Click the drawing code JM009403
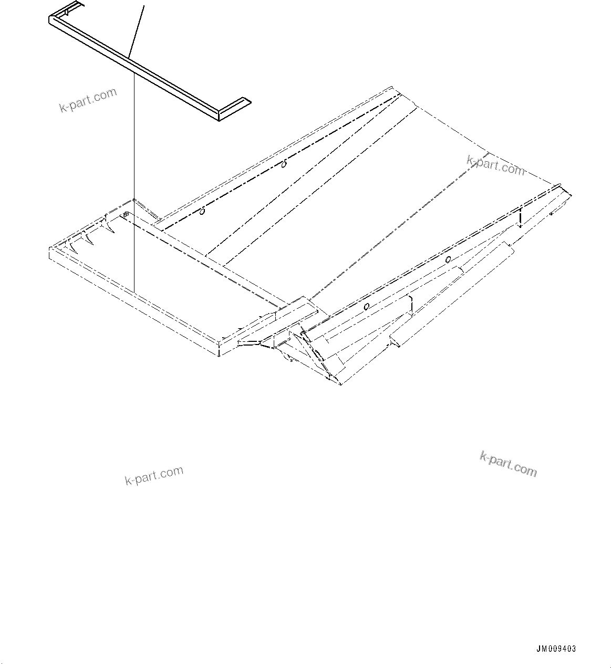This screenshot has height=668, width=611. coord(556,649)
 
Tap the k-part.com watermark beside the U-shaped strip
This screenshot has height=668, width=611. coord(88,100)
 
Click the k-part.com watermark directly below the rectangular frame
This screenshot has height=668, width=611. coord(154,475)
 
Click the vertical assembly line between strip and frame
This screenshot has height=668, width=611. coord(134,184)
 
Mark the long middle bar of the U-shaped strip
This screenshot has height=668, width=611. coord(137,65)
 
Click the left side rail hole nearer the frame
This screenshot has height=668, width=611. coord(202,212)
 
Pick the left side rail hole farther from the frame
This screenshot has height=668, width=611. coord(284,164)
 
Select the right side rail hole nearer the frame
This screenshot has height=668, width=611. coord(366,306)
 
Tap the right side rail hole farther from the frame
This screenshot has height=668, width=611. coord(448,259)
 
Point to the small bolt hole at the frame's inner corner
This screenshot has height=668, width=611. coord(126,214)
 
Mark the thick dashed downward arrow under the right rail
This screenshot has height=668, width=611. coord(519,217)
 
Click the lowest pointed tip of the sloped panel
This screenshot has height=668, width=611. coord(341,385)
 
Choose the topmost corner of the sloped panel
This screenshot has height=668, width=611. coord(392,87)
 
